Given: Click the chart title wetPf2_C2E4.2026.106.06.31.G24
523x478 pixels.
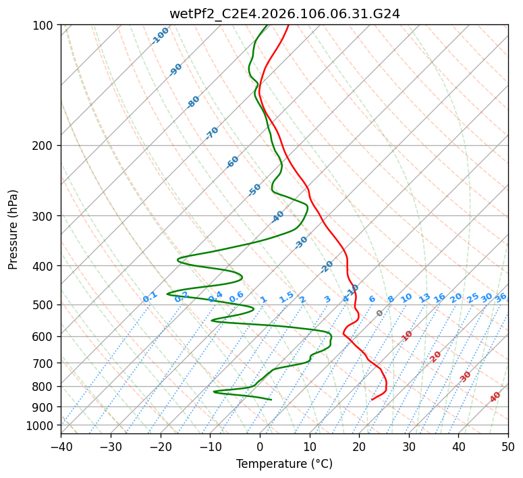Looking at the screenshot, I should point(284,14).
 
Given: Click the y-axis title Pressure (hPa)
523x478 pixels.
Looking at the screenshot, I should point(13,229).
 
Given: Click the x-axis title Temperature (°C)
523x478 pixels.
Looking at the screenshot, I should point(284,464).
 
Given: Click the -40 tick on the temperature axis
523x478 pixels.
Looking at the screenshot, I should point(61,446).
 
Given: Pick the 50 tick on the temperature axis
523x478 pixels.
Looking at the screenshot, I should point(508,446).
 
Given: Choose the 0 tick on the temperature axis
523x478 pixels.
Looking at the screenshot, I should point(260,446).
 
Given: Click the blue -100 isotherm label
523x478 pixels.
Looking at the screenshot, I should point(161,36).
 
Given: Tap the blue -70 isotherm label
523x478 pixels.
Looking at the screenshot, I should point(212,133).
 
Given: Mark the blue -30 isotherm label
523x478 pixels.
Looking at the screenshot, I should point(301,242).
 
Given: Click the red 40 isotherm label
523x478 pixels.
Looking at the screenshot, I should point(495,397).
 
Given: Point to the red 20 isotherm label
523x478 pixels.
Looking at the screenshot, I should point(436,356).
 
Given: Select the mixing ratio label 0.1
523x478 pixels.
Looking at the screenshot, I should point(150,296).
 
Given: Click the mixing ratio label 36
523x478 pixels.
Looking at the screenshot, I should point(501,297).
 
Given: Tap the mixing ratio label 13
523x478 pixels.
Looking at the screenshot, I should point(424,298).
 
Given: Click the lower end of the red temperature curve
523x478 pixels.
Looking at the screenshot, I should point(372,400).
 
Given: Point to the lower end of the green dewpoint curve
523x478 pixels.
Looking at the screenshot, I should point(271,400).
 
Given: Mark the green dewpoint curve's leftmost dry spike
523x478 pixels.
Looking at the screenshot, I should point(167,294).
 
